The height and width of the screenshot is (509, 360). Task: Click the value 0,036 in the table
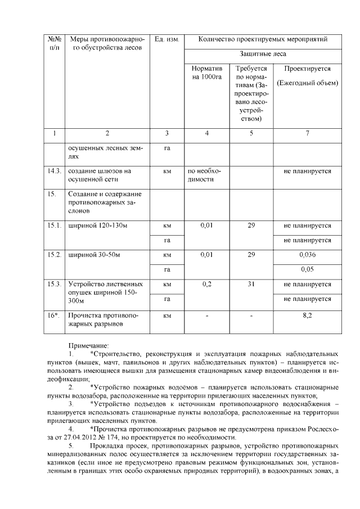click(x=307, y=254)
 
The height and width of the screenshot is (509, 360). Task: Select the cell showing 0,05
click(x=307, y=269)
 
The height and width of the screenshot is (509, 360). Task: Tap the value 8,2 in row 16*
click(x=307, y=316)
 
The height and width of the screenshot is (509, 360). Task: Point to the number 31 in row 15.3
click(x=251, y=285)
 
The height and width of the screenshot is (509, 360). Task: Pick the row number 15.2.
click(x=54, y=254)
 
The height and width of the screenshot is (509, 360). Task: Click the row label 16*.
click(x=53, y=316)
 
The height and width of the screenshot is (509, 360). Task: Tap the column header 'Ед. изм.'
click(x=166, y=39)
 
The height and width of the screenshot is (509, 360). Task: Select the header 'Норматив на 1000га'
click(x=206, y=73)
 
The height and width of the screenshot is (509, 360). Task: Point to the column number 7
click(x=307, y=134)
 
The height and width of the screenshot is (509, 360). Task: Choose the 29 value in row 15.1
click(x=251, y=225)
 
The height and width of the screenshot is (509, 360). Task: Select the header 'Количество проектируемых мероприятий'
click(x=263, y=39)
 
